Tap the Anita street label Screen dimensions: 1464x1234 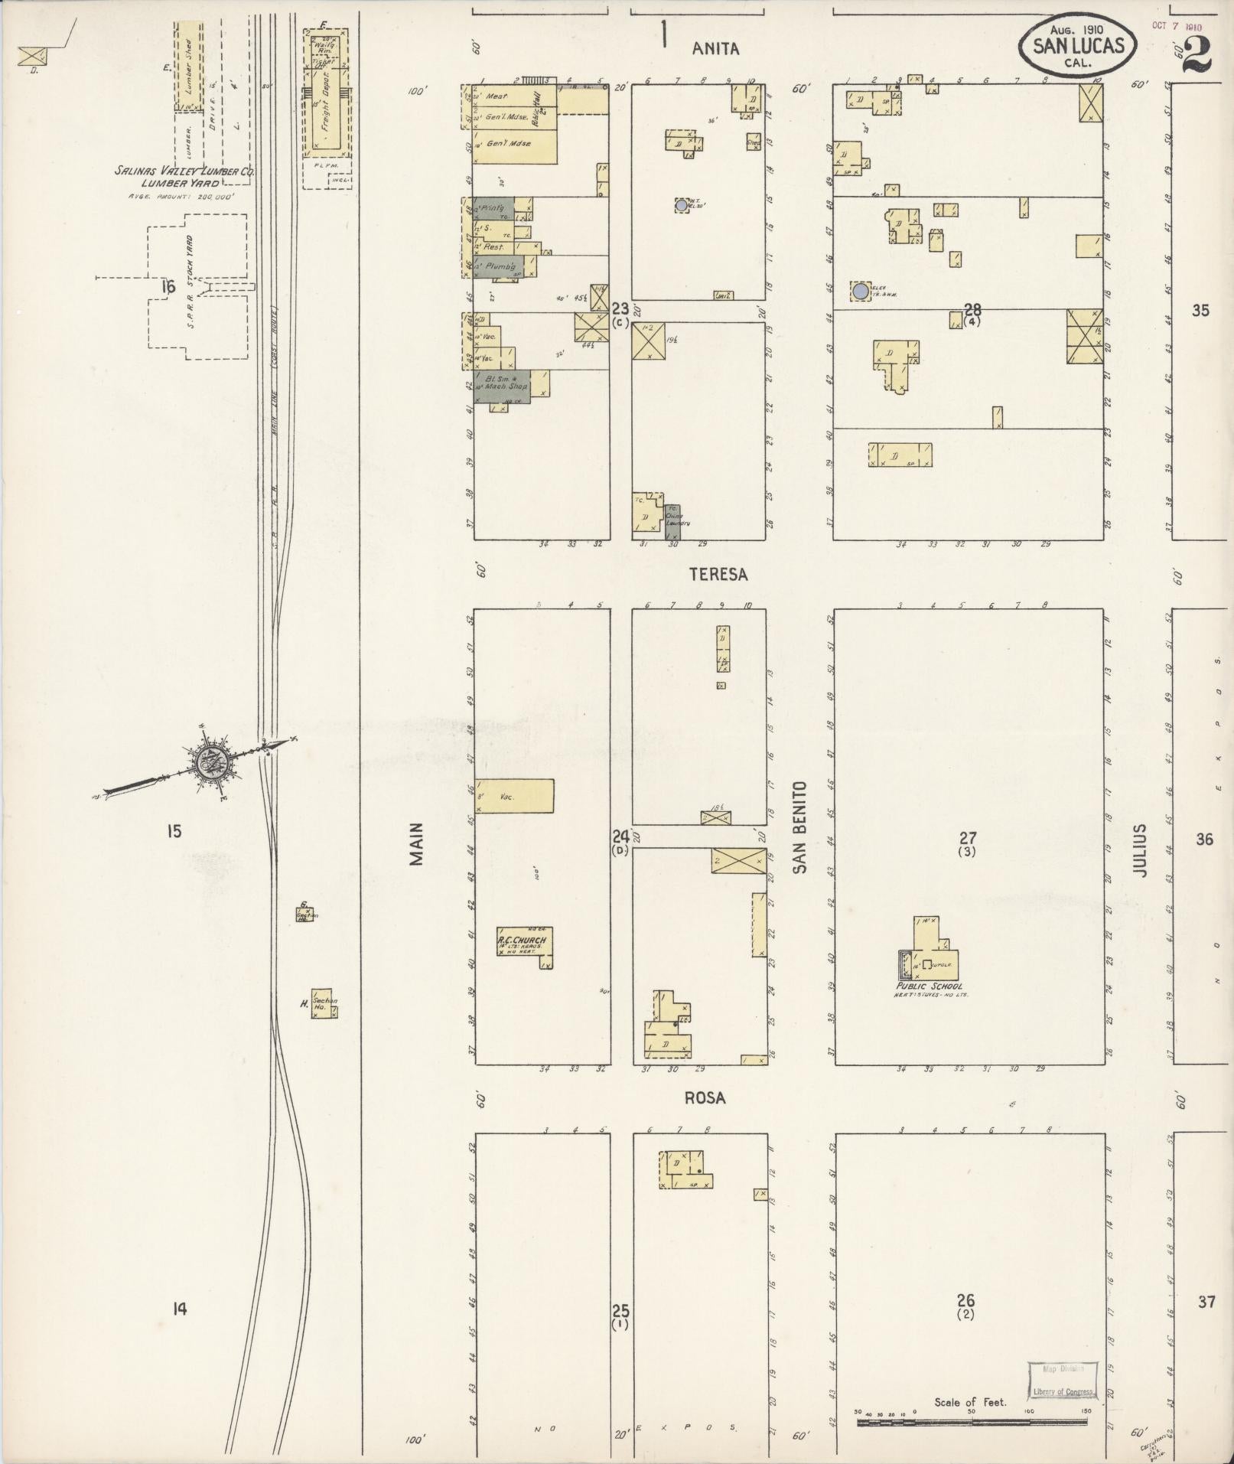(x=716, y=49)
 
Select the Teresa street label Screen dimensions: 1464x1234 (x=718, y=574)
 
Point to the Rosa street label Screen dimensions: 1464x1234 (x=705, y=1097)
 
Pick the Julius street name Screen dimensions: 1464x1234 (x=1140, y=849)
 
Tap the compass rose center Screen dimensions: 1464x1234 (x=208, y=761)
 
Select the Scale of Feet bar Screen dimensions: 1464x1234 (x=972, y=1423)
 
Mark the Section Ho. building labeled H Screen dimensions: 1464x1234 (x=324, y=1003)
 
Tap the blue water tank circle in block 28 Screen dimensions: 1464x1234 (x=861, y=291)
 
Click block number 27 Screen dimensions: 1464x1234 (x=968, y=838)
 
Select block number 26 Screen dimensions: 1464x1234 (x=965, y=1300)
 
